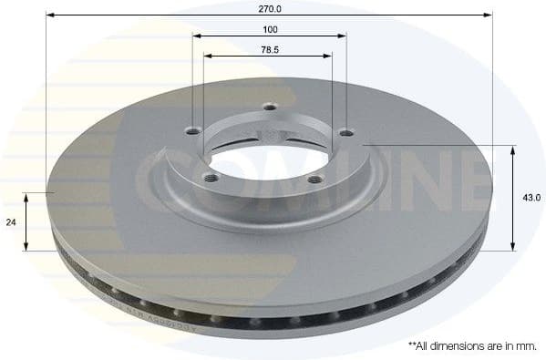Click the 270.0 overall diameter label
[271, 8]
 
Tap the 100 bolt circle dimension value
[271, 29]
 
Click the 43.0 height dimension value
[532, 197]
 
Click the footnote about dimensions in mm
[471, 346]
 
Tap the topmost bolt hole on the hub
[269, 108]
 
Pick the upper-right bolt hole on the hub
[345, 133]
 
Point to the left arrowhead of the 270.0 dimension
[50, 15]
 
